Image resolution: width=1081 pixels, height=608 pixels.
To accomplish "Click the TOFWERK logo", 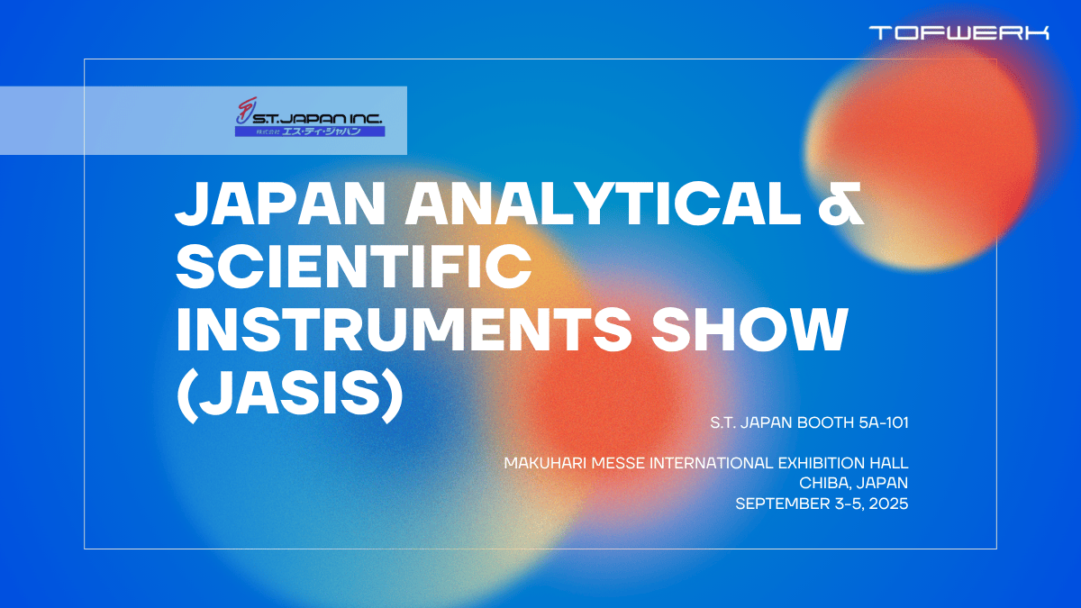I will pyautogui.click(x=958, y=33).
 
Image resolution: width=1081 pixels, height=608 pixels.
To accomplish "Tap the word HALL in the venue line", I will pyautogui.click(x=889, y=463).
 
